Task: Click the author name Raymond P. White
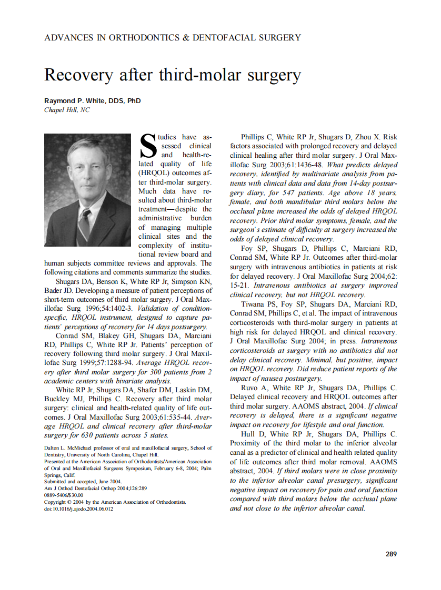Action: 93,100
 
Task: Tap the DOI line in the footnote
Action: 78,508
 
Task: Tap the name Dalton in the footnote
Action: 52,448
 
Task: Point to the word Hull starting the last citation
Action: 248,434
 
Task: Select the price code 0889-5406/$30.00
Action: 64,495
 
